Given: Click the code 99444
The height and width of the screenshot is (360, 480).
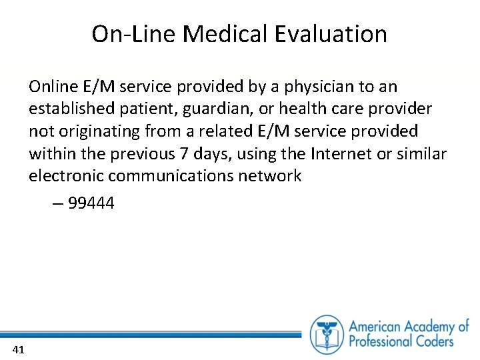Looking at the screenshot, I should coord(91,203).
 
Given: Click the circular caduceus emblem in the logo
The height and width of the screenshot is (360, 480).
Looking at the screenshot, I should coord(327,334).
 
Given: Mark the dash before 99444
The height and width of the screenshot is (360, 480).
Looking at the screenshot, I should coord(57,204).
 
